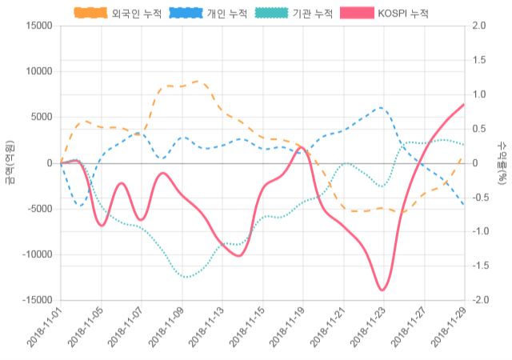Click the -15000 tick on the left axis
pyautogui.click(x=35, y=301)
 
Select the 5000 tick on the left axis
pyautogui.click(x=40, y=118)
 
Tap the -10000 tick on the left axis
pyautogui.click(x=35, y=255)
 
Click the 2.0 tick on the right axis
pyautogui.click(x=479, y=26)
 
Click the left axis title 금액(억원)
pyautogui.click(x=10, y=163)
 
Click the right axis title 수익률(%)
pyautogui.click(x=502, y=163)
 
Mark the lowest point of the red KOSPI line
pyautogui.click(x=382, y=290)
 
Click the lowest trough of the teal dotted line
pyautogui.click(x=186, y=277)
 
